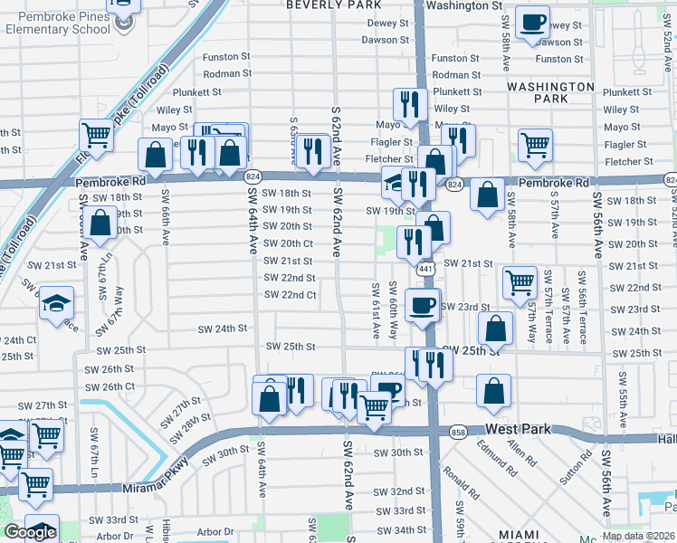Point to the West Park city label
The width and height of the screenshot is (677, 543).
[x=518, y=428]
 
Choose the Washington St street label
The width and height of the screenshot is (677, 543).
[x=463, y=5]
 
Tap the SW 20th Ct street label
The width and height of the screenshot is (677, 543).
[x=289, y=243]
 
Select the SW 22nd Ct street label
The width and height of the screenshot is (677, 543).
[x=291, y=295]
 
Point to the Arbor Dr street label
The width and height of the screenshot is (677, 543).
[x=216, y=532]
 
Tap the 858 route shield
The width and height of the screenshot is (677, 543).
[x=458, y=432]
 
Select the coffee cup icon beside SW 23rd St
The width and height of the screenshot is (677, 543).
[x=422, y=305]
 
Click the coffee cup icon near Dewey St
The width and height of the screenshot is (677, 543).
[x=532, y=22]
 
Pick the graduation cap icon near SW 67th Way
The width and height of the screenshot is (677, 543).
[x=56, y=302]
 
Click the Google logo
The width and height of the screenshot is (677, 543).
[x=30, y=532]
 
